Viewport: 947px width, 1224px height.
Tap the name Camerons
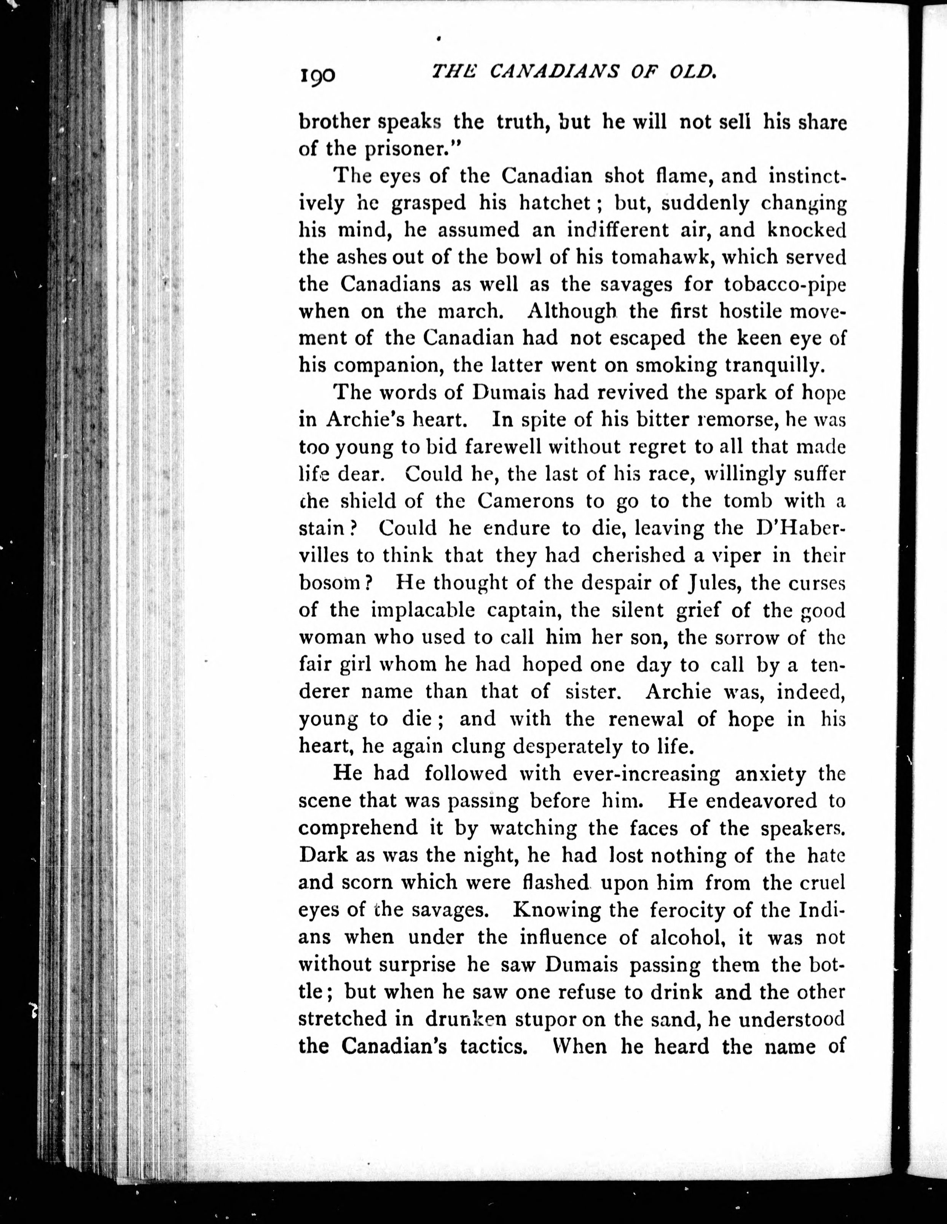(x=526, y=500)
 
